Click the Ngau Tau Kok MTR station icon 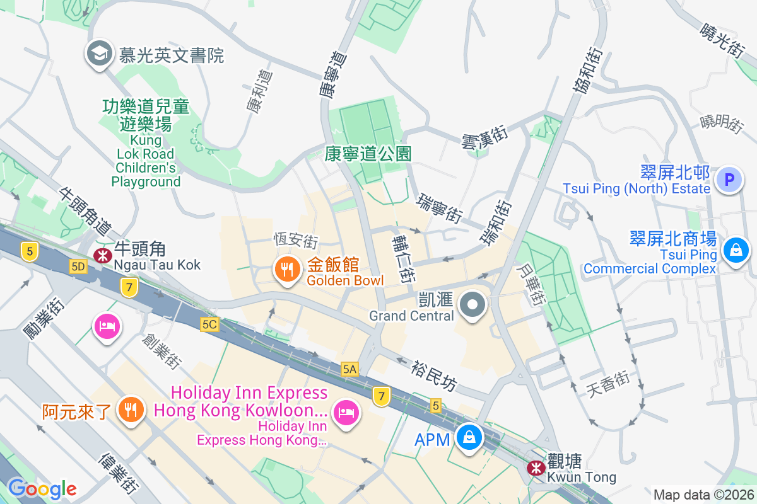(101, 255)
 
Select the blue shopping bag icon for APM (469, 438)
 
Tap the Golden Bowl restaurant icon (287, 270)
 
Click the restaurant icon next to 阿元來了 (131, 410)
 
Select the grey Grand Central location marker (472, 306)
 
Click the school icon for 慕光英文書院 (100, 53)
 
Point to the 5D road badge (78, 267)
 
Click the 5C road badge (209, 324)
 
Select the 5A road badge (349, 369)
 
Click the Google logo (42, 488)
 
